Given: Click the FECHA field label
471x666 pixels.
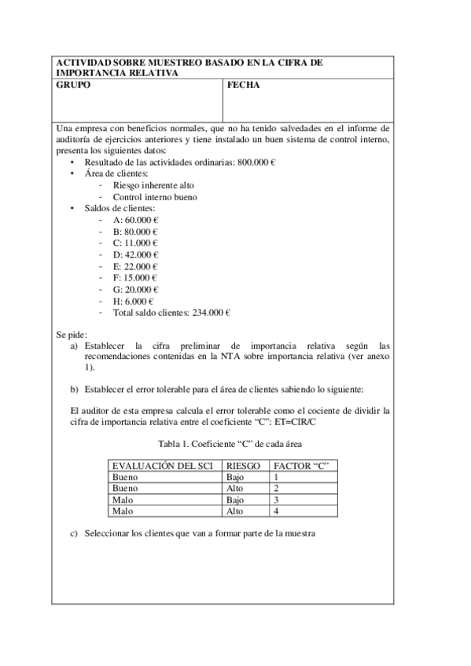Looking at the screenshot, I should pyautogui.click(x=243, y=85).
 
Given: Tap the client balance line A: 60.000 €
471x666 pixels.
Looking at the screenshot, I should pyautogui.click(x=135, y=221).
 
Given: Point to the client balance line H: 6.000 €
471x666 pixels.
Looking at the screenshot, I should pyautogui.click(x=133, y=301).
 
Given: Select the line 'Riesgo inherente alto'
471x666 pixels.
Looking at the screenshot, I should pyautogui.click(x=154, y=185).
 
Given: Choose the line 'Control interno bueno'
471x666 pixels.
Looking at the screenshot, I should pyautogui.click(x=155, y=197).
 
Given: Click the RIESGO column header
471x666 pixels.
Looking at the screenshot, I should pyautogui.click(x=243, y=466).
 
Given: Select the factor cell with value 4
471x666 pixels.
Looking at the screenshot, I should pyautogui.click(x=275, y=510).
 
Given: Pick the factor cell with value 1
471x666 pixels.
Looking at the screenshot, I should pyautogui.click(x=275, y=477).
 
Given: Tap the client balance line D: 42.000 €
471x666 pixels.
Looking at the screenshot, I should pyautogui.click(x=135, y=254).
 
